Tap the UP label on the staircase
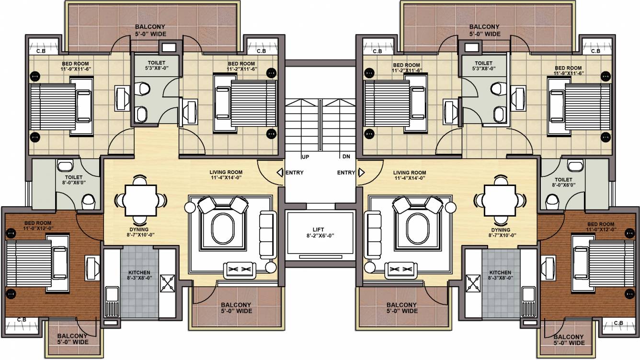pos(305,157)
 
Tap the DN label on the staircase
pos(346,157)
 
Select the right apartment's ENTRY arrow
pos(361,173)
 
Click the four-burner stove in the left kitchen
pos(168,283)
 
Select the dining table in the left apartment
pos(139,200)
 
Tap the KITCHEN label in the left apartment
pos(139,275)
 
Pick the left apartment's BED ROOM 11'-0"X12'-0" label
pos(38,226)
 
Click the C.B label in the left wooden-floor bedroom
pos(22,320)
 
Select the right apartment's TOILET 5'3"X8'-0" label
pos(483,66)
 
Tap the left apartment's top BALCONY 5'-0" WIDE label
pos(150,30)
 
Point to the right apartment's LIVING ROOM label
pos(410,175)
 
